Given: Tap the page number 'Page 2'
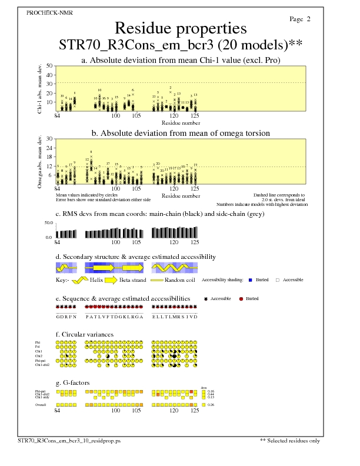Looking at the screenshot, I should click(300, 19).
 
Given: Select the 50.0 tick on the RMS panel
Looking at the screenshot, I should click(49, 223).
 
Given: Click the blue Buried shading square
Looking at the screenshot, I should click(251, 280).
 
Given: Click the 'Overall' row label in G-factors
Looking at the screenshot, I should click(41, 405).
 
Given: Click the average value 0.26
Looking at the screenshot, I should click(211, 405).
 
